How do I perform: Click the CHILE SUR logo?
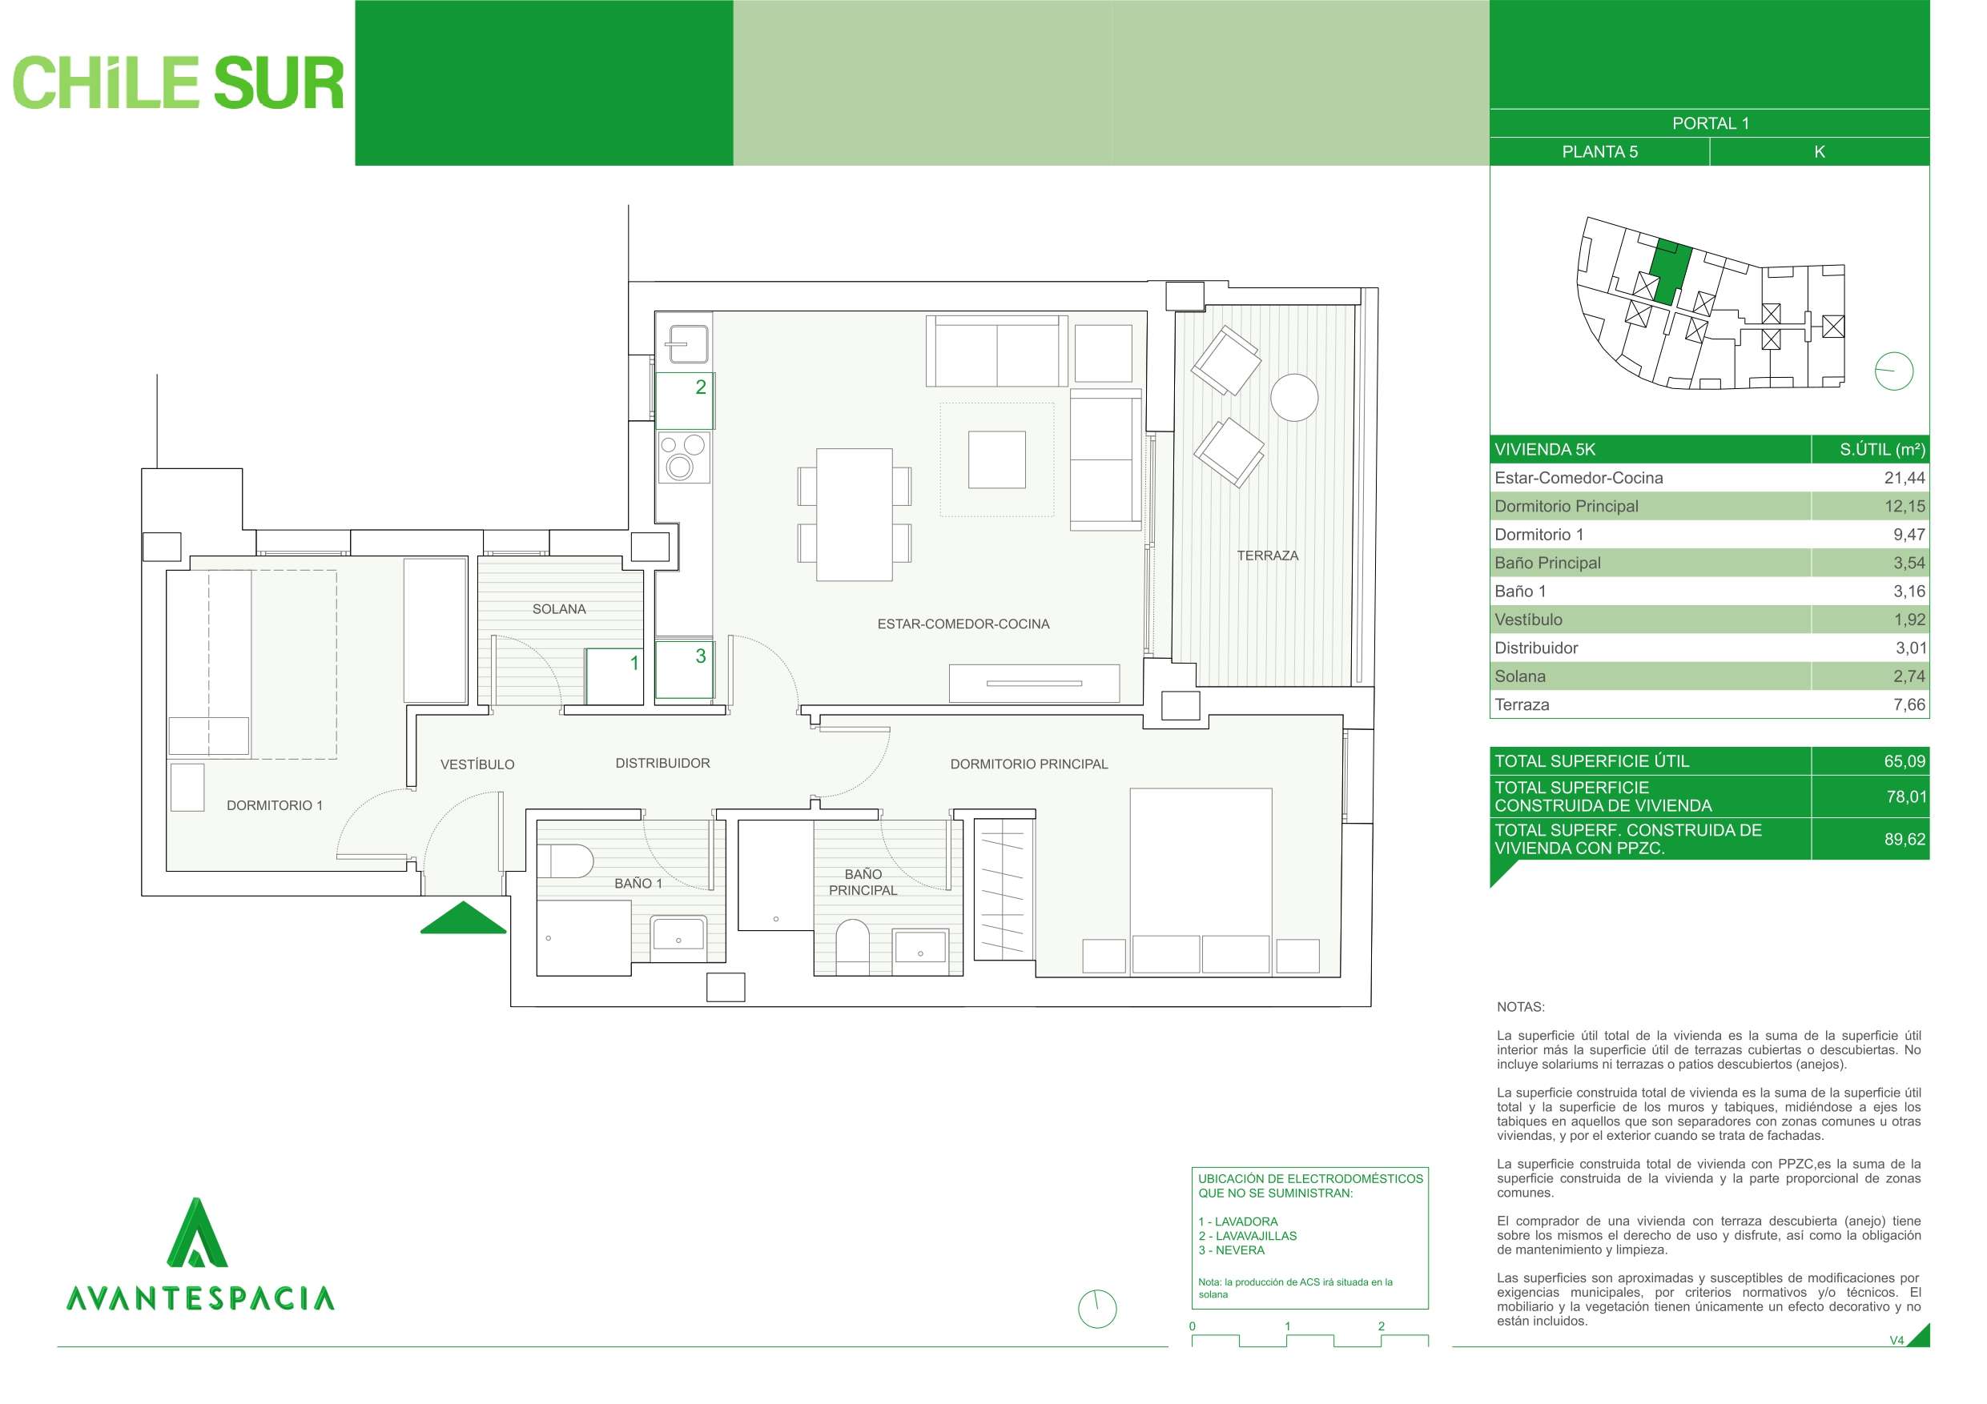[179, 84]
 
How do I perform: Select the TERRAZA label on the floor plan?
[1267, 556]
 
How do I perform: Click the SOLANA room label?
[559, 609]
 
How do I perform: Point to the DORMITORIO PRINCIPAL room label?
[1028, 764]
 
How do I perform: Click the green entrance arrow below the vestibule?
[463, 919]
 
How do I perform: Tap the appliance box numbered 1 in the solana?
[613, 676]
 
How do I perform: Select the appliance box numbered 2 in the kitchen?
[684, 399]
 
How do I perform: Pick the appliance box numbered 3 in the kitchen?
[684, 668]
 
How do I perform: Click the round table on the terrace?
[1293, 397]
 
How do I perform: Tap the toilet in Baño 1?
[565, 861]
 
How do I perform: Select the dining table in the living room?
[855, 514]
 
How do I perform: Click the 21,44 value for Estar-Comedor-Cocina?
[1904, 478]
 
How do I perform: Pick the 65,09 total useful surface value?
[1904, 761]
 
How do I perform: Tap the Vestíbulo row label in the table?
[1528, 620]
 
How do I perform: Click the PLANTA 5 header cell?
[1599, 151]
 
